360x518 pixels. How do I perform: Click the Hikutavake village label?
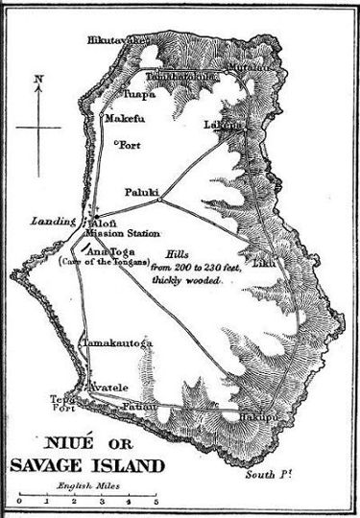(x=117, y=40)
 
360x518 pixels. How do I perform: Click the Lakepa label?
(x=221, y=125)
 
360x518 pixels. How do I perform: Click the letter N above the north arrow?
(x=36, y=81)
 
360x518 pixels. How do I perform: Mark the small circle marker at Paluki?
(x=160, y=200)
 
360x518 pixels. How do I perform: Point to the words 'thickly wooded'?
(x=187, y=279)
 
